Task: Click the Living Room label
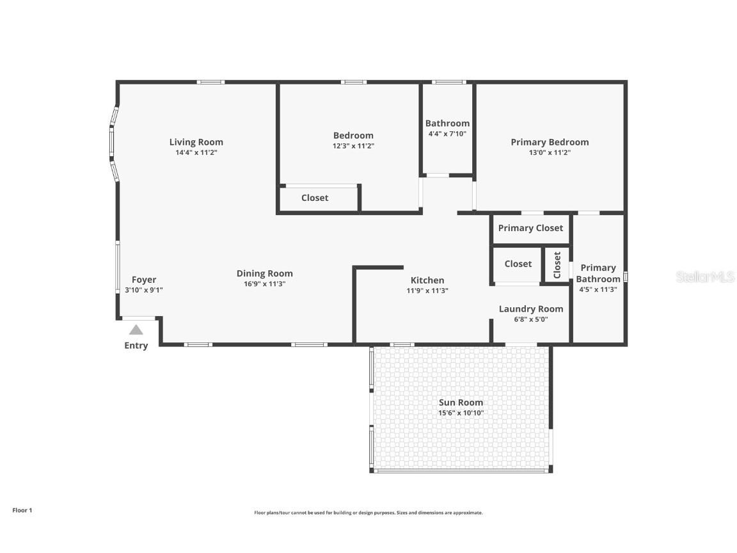[x=196, y=142]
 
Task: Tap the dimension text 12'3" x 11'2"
[x=353, y=146]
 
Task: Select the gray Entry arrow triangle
[x=136, y=330]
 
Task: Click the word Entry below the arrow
[x=136, y=346]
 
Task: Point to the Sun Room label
[x=461, y=403]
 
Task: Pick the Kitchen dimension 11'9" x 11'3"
[x=427, y=291]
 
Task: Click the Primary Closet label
[x=530, y=228]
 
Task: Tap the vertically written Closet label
[x=557, y=265]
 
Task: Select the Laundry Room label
[x=531, y=309]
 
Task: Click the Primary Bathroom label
[x=598, y=273]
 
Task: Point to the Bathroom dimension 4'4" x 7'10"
[x=447, y=134]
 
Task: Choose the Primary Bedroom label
[x=550, y=142]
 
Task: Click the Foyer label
[x=144, y=280]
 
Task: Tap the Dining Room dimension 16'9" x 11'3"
[x=265, y=284]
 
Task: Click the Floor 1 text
[x=22, y=510]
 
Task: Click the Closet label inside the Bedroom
[x=315, y=198]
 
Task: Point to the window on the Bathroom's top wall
[x=448, y=82]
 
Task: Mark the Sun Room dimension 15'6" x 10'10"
[x=461, y=413]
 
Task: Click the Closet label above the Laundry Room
[x=518, y=264]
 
